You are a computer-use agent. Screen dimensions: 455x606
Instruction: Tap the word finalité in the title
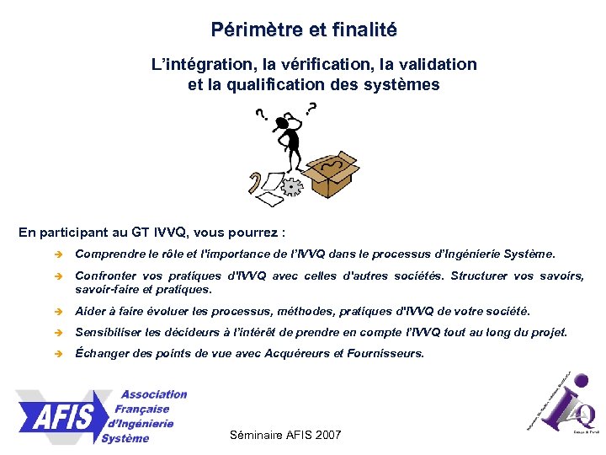363,30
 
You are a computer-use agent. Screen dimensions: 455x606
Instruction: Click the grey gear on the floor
292,185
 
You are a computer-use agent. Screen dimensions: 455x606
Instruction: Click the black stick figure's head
291,125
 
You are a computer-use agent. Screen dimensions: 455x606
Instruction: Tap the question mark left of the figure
260,114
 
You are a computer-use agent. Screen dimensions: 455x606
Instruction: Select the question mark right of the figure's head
312,108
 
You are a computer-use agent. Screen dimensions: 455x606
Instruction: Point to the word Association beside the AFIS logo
153,394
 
